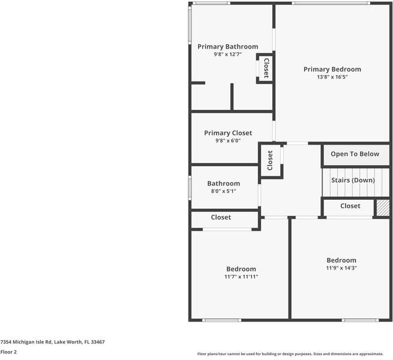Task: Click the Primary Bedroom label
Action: tap(332, 69)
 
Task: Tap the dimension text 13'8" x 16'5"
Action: tap(332, 77)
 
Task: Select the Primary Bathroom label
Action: tap(227, 47)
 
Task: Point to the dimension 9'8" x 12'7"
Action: tap(227, 55)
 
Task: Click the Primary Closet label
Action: tap(227, 133)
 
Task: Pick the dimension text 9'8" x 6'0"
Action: tap(227, 141)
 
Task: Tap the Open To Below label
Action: tap(355, 154)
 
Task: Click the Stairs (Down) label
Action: tap(353, 180)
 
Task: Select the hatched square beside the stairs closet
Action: tap(382, 208)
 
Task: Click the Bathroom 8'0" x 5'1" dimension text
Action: tap(223, 191)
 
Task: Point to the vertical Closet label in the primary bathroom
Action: tap(266, 68)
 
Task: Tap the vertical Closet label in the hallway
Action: tap(270, 160)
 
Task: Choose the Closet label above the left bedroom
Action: tap(220, 217)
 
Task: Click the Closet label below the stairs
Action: tap(350, 206)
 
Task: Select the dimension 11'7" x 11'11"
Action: tap(241, 277)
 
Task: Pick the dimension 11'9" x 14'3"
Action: tap(341, 268)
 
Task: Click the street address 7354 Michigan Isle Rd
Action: tap(52, 341)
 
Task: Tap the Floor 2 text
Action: tap(8, 352)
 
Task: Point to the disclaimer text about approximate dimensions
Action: tap(294, 354)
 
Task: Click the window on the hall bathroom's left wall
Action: tap(190, 187)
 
